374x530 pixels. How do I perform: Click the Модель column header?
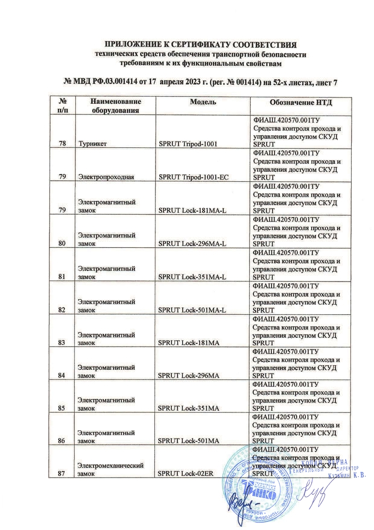click(203, 102)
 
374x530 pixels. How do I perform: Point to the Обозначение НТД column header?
click(301, 102)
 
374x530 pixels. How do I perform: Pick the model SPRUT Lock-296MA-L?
click(192, 243)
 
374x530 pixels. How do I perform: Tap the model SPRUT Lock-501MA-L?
click(192, 310)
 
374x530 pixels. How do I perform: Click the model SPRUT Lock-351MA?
click(189, 408)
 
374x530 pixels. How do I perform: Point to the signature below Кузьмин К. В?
click(311, 496)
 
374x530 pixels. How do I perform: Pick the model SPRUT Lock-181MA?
click(189, 342)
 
